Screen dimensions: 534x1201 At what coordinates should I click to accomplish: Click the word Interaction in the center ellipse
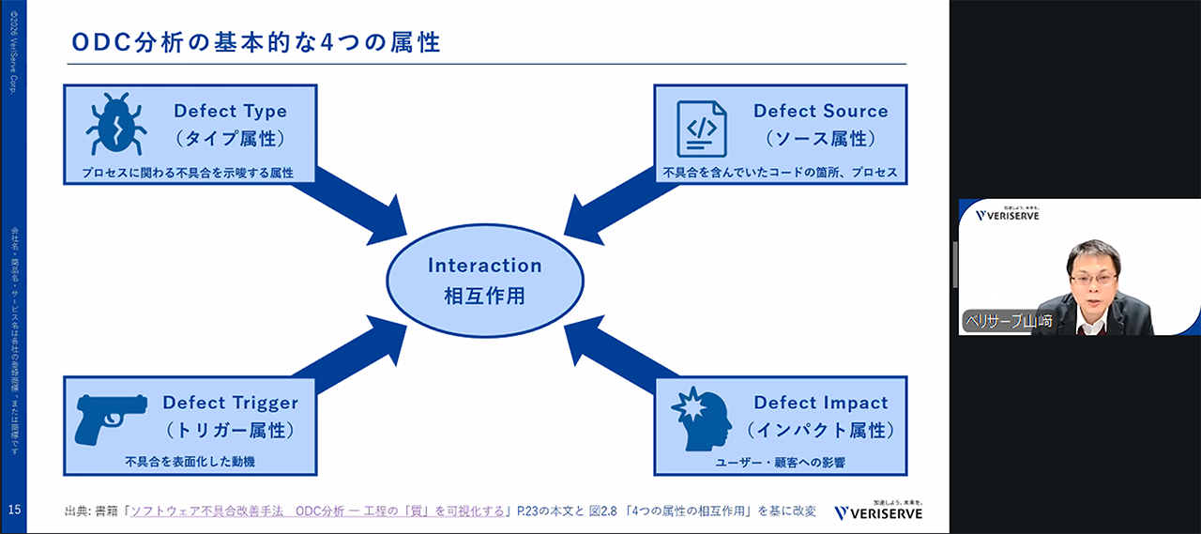[485, 266]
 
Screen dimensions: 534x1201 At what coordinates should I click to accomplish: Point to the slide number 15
[14, 510]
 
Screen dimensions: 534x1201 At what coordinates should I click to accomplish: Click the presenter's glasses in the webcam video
[1093, 279]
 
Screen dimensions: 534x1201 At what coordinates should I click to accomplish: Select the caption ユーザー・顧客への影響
[781, 462]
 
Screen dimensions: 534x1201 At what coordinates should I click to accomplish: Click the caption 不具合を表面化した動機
[190, 462]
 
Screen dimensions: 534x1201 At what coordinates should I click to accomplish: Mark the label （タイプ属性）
[230, 139]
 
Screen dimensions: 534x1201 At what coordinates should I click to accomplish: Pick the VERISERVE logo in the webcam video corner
[1007, 214]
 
